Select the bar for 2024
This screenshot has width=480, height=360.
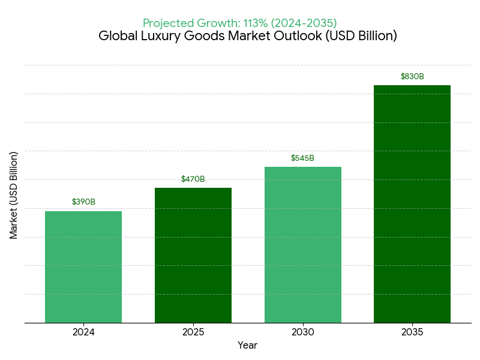[83, 267]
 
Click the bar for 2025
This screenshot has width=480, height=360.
[193, 255]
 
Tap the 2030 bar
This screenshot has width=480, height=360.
[303, 245]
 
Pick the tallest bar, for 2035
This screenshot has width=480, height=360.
[412, 204]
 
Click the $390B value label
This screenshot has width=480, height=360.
[83, 202]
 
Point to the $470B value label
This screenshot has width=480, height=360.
[193, 179]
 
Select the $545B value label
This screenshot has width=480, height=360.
[303, 158]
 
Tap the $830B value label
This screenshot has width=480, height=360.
[412, 76]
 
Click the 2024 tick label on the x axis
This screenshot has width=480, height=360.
[83, 332]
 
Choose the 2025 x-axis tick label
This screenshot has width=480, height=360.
[193, 332]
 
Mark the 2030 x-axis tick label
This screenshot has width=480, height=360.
[303, 332]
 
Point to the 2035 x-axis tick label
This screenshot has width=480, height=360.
[412, 332]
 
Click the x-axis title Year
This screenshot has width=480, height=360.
[247, 345]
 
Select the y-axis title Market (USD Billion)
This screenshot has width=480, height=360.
[14, 195]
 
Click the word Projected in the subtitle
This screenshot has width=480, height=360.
[167, 23]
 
